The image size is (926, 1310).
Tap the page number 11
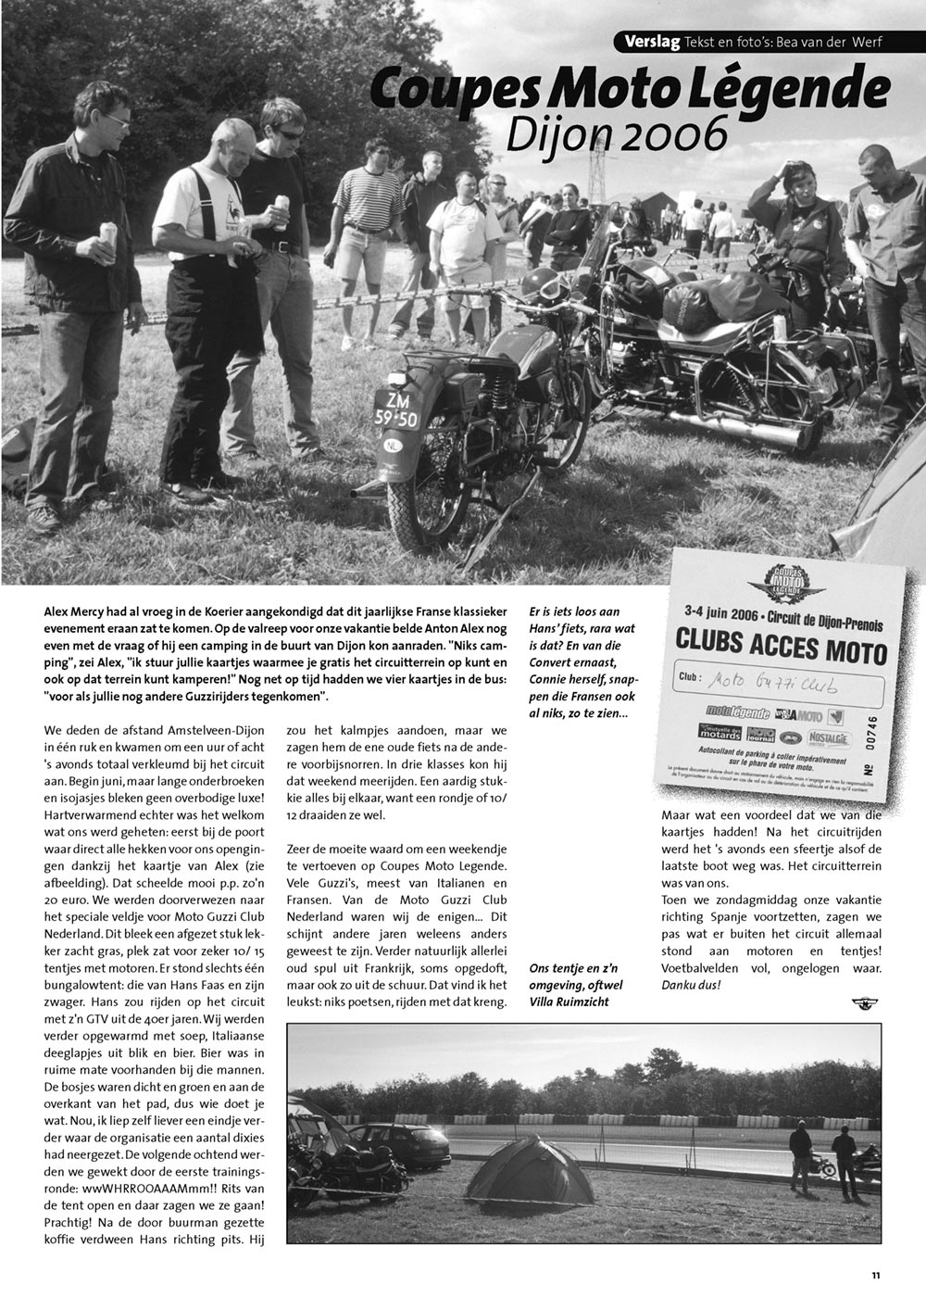click(x=875, y=1276)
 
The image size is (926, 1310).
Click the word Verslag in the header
click(x=653, y=42)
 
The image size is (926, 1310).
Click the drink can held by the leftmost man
click(x=108, y=234)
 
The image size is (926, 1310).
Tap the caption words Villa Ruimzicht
click(x=570, y=1000)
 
